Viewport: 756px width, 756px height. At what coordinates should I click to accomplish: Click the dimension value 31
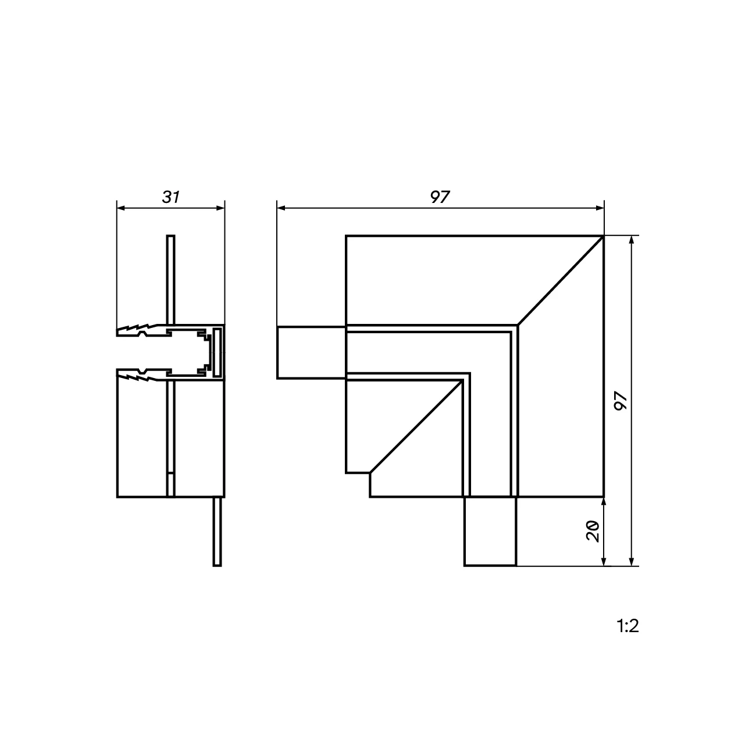coord(170,197)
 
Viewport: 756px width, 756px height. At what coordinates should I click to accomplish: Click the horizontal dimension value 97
coord(440,197)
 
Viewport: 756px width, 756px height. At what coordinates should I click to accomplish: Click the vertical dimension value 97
coord(621,401)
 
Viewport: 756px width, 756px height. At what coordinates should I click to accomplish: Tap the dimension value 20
coord(593,531)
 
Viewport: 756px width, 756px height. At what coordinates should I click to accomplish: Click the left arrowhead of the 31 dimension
coord(121,208)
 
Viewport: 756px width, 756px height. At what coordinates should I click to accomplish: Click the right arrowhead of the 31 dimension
coord(220,208)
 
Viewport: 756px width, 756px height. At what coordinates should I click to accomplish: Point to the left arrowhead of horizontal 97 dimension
coord(281,208)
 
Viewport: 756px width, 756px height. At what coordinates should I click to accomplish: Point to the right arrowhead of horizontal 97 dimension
coord(600,208)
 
